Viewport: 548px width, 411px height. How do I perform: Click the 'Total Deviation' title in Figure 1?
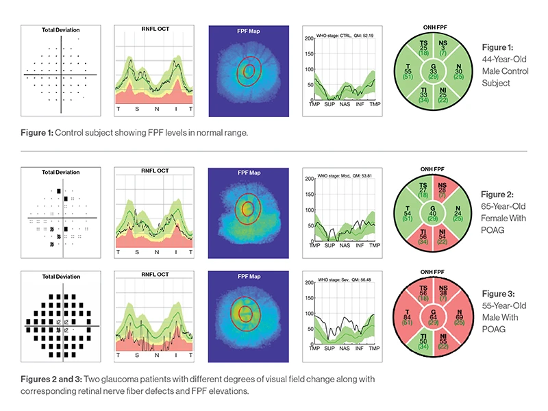(62, 32)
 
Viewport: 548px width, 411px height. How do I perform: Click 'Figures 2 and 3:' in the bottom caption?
(53, 379)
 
